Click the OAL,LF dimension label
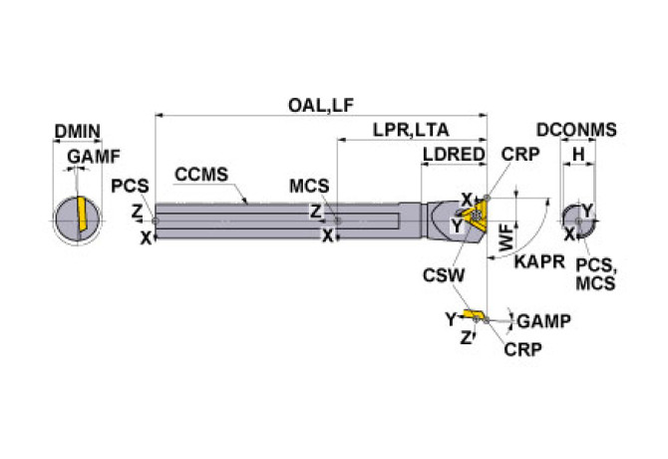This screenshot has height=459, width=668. tap(321, 105)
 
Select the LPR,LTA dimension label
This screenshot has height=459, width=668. tap(411, 130)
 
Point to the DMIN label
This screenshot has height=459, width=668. tap(77, 131)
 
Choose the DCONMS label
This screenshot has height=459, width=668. tap(576, 130)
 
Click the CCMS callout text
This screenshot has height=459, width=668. tap(201, 174)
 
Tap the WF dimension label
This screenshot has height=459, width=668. tap(507, 237)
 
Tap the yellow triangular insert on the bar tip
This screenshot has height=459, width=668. tap(472, 213)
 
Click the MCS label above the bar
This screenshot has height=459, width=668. tap(309, 187)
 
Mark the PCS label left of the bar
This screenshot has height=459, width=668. tap(130, 187)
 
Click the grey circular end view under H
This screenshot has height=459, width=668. tap(576, 219)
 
